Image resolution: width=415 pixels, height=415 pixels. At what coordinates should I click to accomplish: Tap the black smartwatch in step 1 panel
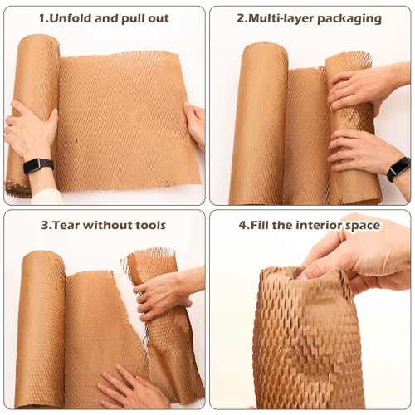[x=38, y=165]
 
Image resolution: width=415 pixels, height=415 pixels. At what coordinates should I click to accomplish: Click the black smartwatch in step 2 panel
[x=398, y=168]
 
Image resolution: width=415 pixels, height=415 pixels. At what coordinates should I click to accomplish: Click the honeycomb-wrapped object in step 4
[x=307, y=340]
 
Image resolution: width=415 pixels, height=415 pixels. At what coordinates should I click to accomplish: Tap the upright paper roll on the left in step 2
[x=258, y=124]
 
